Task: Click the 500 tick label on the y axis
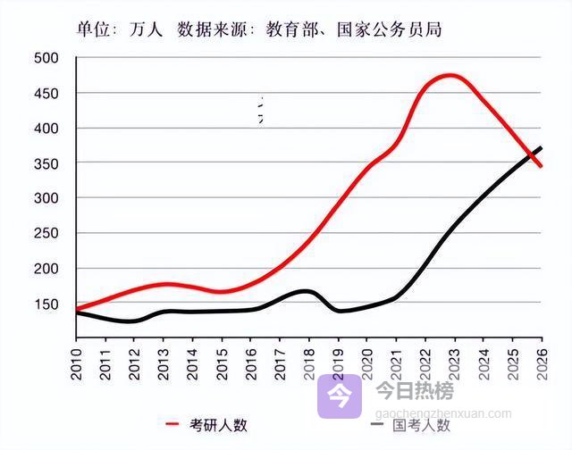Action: point(46,59)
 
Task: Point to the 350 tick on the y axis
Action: point(46,163)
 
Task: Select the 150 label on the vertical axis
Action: point(46,304)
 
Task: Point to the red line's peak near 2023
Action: point(450,75)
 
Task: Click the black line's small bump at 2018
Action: point(307,291)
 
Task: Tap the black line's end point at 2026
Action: point(541,148)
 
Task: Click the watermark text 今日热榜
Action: point(414,390)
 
